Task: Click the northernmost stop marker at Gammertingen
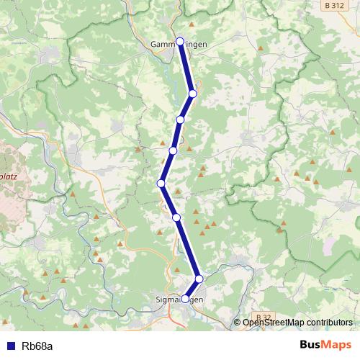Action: [180, 41]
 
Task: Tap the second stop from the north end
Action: [193, 94]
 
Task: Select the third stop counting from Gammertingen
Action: [180, 120]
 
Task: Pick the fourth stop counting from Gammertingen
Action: [173, 150]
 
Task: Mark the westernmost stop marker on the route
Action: [161, 184]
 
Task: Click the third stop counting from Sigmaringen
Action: [176, 217]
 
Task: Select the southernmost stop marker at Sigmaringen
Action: [185, 299]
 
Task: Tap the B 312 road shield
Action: [333, 5]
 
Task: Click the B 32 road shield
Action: [264, 317]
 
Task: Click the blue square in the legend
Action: [10, 346]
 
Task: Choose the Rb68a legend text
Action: [37, 346]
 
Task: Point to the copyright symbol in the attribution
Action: [238, 323]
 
